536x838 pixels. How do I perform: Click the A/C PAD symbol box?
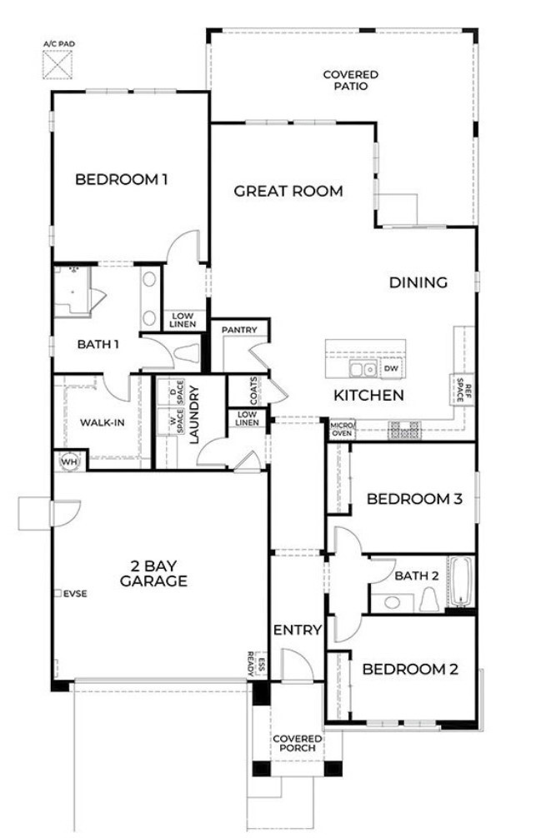[x=59, y=64]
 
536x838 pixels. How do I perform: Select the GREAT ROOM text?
[x=288, y=192]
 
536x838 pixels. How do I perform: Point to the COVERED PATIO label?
[x=345, y=80]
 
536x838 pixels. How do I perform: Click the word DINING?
[x=418, y=282]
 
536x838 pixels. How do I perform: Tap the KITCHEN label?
[x=368, y=395]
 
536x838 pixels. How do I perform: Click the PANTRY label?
[x=238, y=330]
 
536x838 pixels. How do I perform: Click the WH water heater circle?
[x=68, y=460]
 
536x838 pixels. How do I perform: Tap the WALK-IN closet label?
[x=103, y=422]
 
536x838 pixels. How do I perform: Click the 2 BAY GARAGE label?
[x=153, y=573]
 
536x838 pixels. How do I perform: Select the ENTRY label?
[x=297, y=630]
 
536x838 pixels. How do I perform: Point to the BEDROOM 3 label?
[x=414, y=499]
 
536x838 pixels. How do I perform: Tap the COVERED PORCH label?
[x=297, y=743]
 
